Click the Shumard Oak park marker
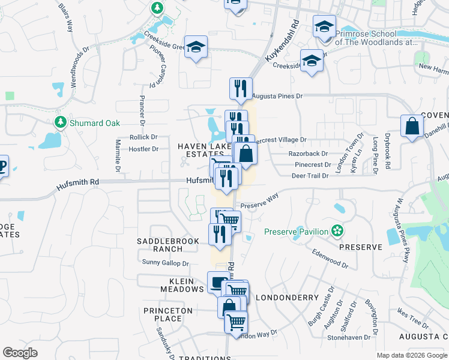coord(60,122)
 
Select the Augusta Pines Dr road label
coord(277,96)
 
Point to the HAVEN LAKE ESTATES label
coord(200,150)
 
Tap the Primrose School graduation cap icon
coord(324,27)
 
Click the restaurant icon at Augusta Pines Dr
coord(241,88)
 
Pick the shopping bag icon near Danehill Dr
coord(412,126)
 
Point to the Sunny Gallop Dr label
coord(165,263)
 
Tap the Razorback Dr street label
coord(309,154)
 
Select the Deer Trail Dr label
coord(310,176)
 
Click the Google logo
coord(20,353)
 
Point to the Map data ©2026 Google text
coord(411,355)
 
